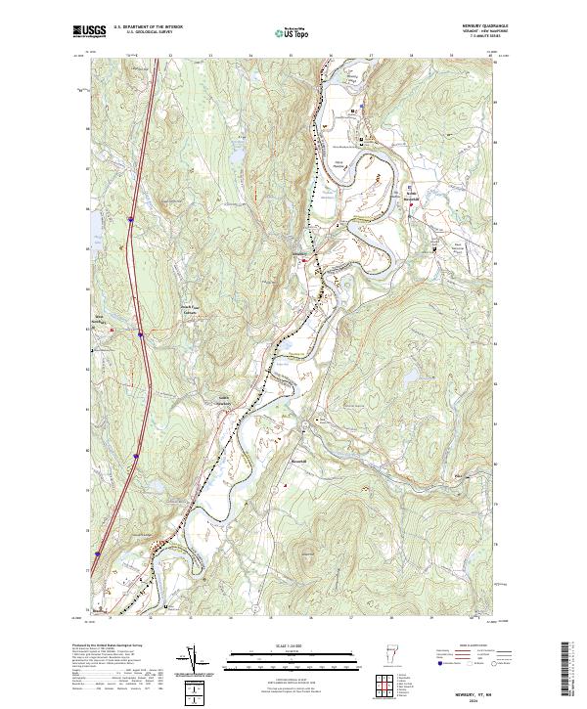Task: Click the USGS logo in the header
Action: (89, 31)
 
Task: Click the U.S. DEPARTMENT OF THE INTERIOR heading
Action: (148, 27)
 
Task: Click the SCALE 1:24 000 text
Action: (293, 646)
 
